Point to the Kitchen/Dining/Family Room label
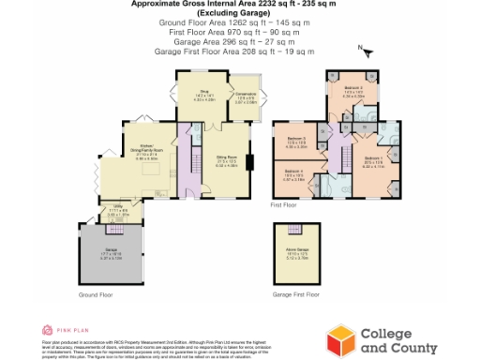click(x=150, y=153)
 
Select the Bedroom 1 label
click(x=372, y=161)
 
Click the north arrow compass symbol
click(x=367, y=52)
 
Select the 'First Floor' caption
click(x=284, y=203)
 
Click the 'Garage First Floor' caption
click(x=296, y=294)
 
